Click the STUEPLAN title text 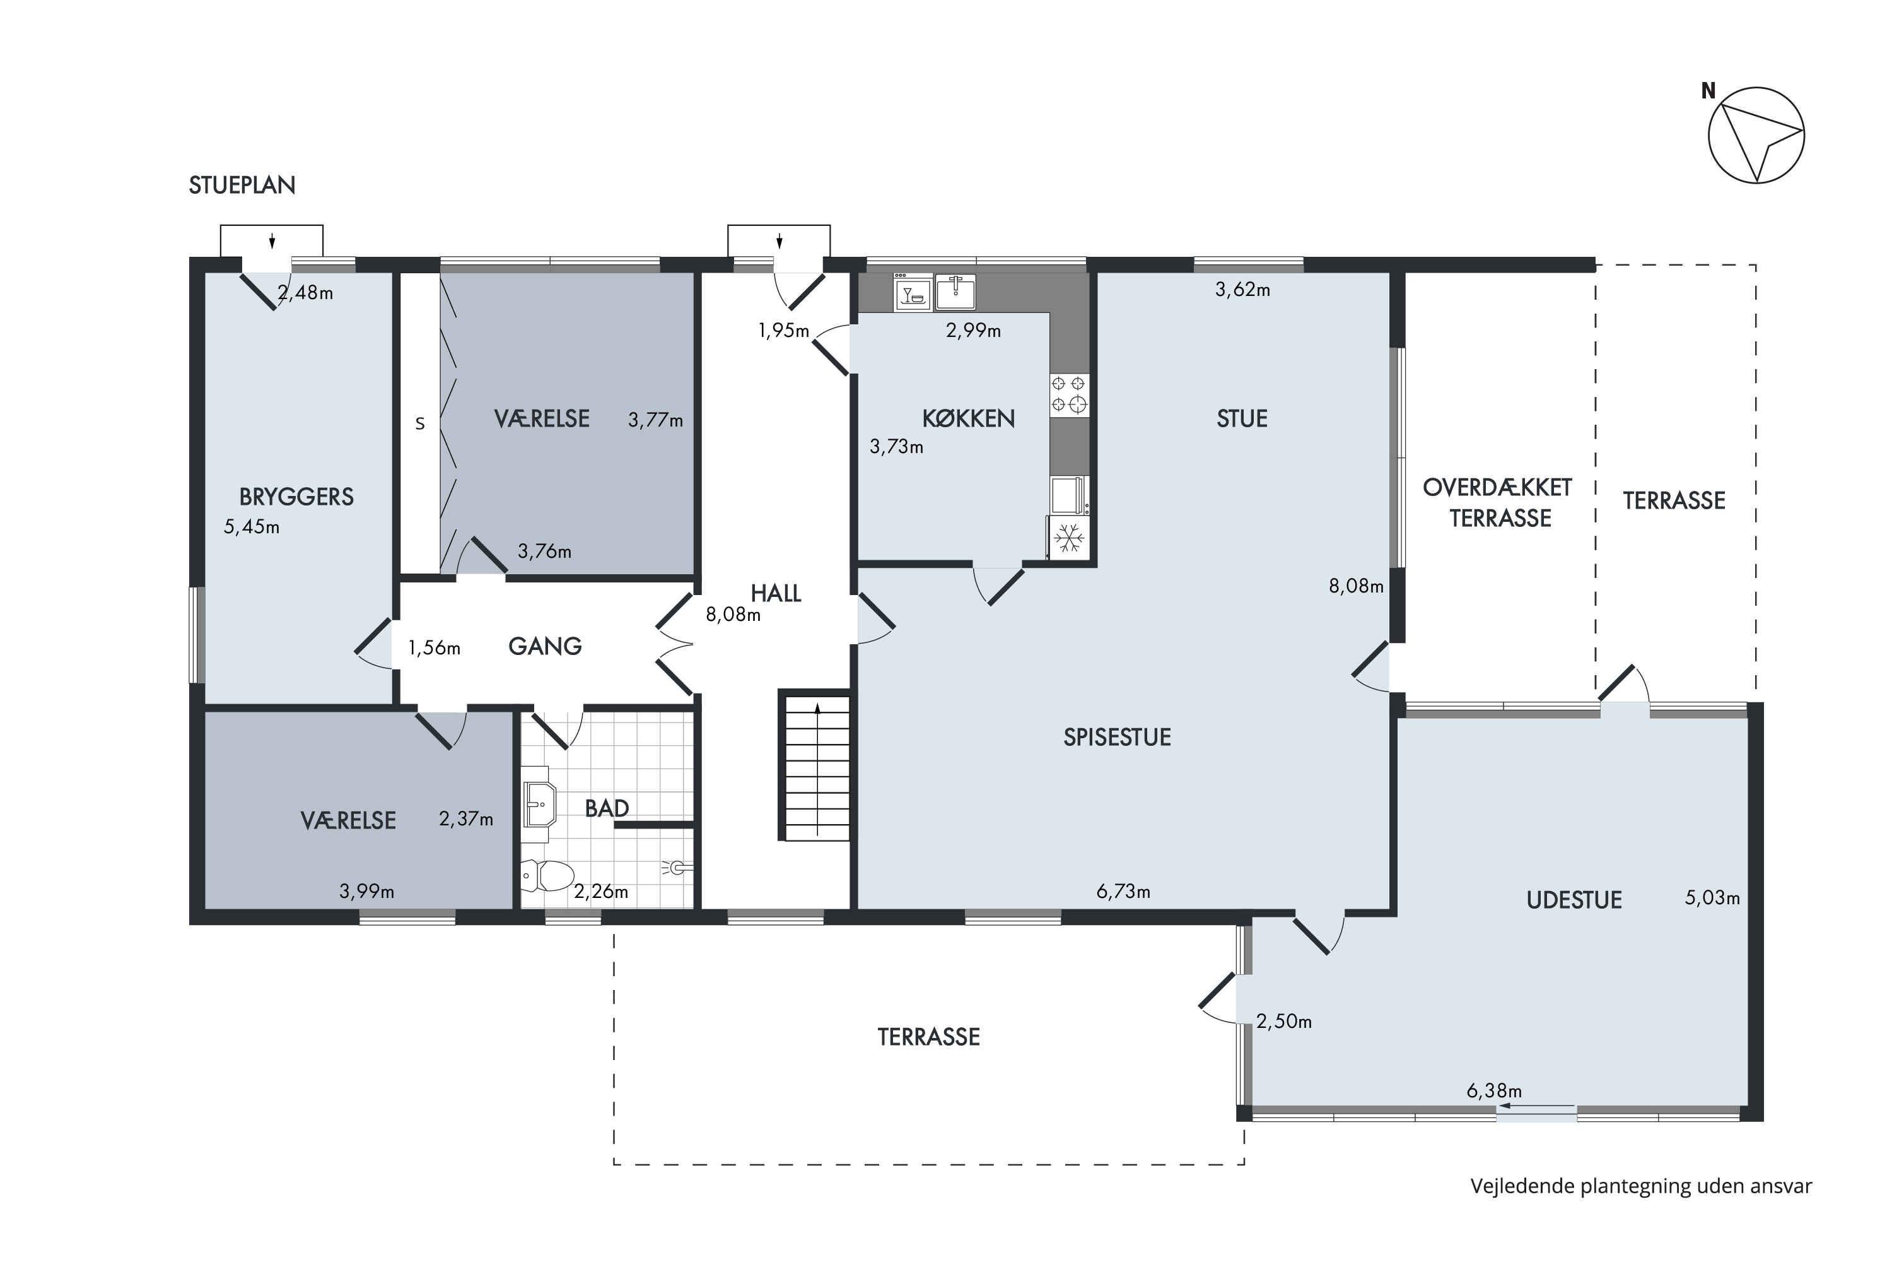(x=242, y=185)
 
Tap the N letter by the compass (x=1708, y=91)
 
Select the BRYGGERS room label (x=296, y=497)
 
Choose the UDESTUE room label (x=1574, y=900)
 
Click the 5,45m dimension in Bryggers (x=252, y=527)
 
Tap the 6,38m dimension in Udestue (x=1494, y=1090)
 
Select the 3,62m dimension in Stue (x=1243, y=290)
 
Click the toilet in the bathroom (x=547, y=876)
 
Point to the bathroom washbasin (x=539, y=803)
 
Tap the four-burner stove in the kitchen (x=1069, y=394)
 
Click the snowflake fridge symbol (x=1068, y=537)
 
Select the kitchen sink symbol (x=955, y=292)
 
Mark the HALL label (x=776, y=593)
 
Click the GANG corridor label (x=545, y=646)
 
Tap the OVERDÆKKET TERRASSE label (x=1498, y=502)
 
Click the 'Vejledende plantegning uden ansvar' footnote (x=1641, y=1186)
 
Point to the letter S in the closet (x=420, y=423)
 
